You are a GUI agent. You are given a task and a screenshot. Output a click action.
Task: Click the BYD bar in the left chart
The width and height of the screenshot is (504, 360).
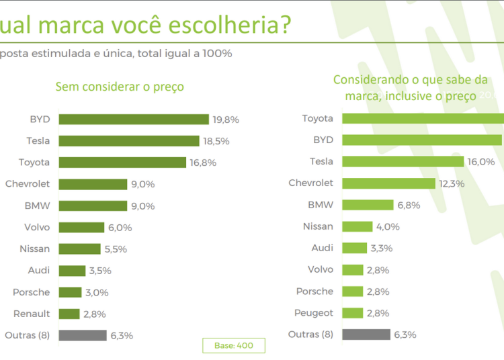134,120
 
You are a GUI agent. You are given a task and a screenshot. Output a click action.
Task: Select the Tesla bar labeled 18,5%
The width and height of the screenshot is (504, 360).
129,141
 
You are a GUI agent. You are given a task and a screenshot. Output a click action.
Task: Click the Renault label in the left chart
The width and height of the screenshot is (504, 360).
32,313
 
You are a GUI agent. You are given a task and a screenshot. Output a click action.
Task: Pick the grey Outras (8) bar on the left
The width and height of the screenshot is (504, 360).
83,335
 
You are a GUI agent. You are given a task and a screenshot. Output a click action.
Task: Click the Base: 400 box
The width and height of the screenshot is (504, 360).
234,345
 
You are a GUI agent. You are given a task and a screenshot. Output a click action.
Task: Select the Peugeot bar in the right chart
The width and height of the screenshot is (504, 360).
353,313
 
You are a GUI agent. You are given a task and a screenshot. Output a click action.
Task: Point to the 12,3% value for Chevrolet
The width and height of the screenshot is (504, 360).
454,183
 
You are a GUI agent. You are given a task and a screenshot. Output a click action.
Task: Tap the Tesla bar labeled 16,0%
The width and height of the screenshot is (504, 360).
403,162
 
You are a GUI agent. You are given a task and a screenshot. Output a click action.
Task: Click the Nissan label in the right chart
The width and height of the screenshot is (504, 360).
318,226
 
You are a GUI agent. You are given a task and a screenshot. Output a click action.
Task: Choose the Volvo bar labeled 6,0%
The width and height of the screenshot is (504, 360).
81,227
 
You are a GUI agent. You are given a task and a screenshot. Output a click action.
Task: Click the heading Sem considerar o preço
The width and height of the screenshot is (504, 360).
120,87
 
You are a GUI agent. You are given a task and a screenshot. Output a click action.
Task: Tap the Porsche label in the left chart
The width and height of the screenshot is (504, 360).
31,291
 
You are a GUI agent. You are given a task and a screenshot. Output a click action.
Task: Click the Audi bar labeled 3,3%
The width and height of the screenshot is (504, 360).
355,248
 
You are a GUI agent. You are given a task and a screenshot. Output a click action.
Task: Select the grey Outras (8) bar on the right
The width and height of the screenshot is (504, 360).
366,334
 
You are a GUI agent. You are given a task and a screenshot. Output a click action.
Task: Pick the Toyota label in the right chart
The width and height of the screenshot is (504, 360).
317,118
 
